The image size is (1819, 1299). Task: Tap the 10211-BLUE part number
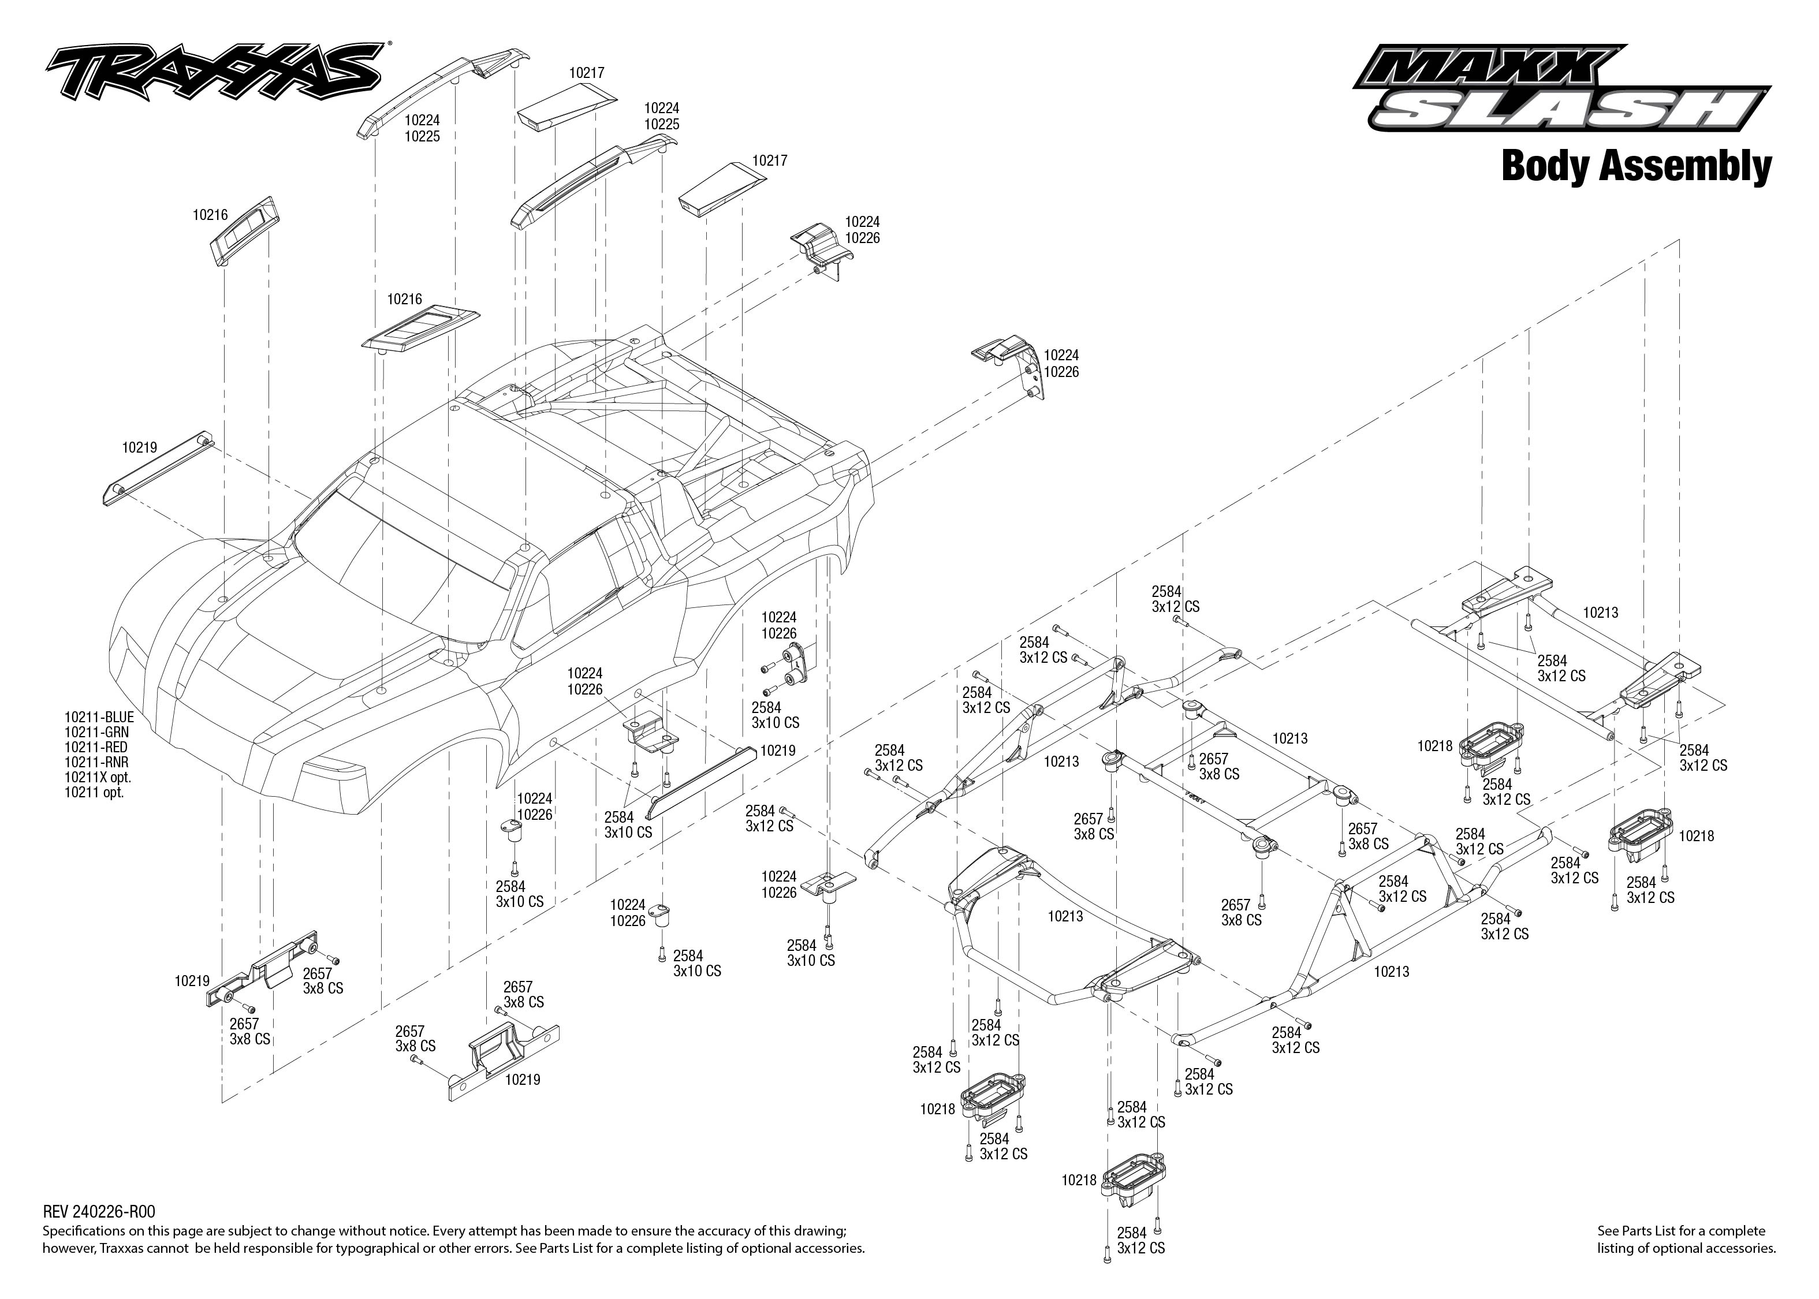point(99,718)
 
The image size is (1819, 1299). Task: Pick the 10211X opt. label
point(98,778)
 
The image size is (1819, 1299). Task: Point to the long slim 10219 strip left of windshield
point(157,472)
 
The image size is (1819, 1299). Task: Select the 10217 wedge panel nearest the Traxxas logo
point(566,108)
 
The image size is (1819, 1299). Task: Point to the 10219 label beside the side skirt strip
point(777,751)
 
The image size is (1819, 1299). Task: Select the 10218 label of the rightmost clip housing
point(1697,836)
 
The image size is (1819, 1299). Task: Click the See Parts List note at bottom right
point(1686,1239)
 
